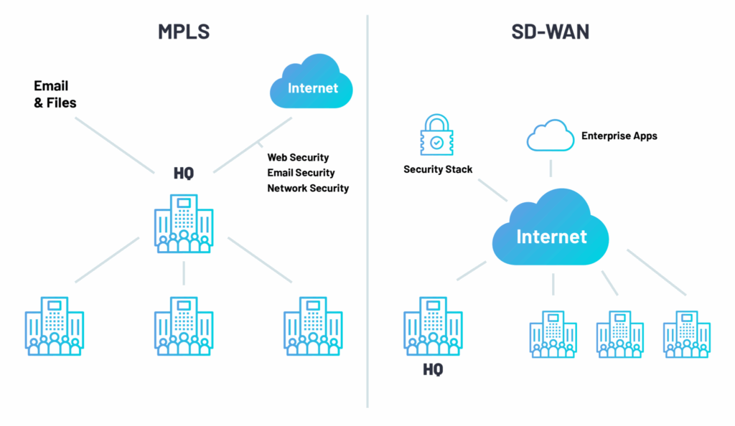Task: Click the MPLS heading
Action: pyautogui.click(x=184, y=32)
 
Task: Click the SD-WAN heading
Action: pyautogui.click(x=551, y=32)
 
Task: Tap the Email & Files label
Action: pyautogui.click(x=55, y=95)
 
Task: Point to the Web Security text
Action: pyautogui.click(x=298, y=157)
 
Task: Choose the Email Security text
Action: pyautogui.click(x=301, y=173)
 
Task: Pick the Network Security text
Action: pyautogui.click(x=308, y=189)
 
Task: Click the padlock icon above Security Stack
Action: pyautogui.click(x=437, y=133)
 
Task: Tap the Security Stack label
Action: pyautogui.click(x=438, y=170)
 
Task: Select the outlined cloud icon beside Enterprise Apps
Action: pyautogui.click(x=551, y=136)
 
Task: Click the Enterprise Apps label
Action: pyautogui.click(x=619, y=136)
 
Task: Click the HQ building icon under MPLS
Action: pyautogui.click(x=184, y=223)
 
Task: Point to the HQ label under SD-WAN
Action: pyautogui.click(x=433, y=370)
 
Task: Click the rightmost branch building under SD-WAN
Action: pyautogui.click(x=686, y=333)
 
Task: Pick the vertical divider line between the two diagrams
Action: pyautogui.click(x=367, y=215)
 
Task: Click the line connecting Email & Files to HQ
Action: pyautogui.click(x=115, y=144)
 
